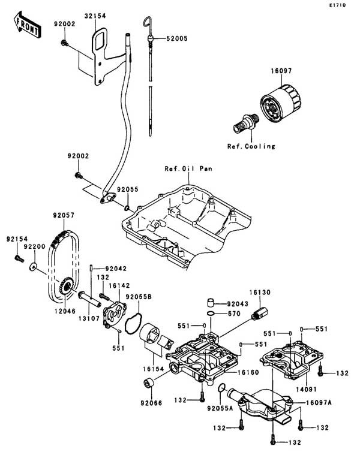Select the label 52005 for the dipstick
pos(177,38)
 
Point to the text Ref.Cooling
pos(251,146)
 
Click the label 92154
pos(17,239)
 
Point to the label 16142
pos(118,287)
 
